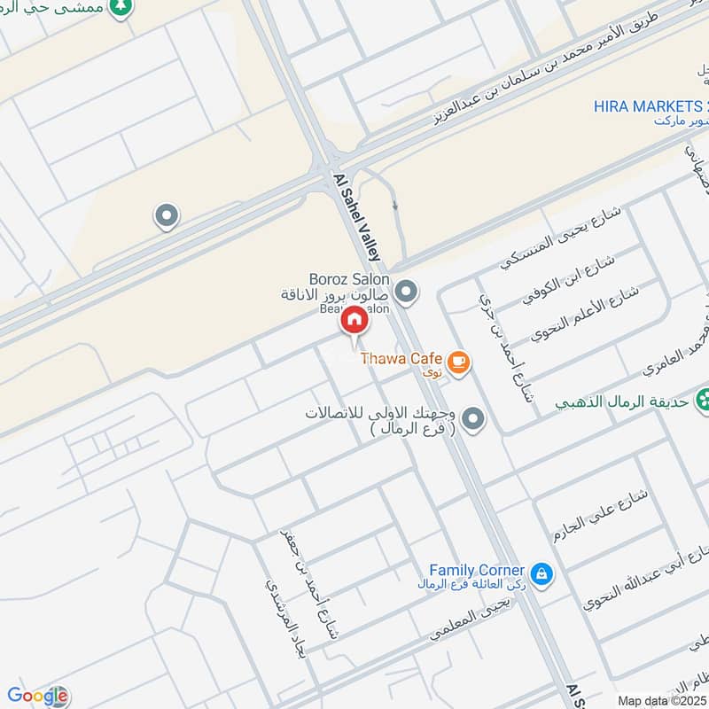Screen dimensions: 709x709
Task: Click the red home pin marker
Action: tap(354, 320)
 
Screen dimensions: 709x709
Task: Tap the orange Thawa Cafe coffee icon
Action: tap(458, 361)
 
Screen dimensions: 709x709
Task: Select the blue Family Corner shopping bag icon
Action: tap(542, 573)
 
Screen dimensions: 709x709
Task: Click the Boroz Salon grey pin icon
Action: tap(407, 290)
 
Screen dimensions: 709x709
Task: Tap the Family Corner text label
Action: tap(477, 570)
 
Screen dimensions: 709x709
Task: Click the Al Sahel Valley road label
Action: tap(360, 217)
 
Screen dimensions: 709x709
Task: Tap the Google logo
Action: tap(37, 696)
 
